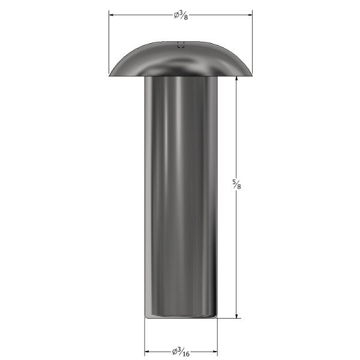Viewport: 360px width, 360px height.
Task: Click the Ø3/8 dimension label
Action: click(x=181, y=16)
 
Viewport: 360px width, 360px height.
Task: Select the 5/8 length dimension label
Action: click(x=236, y=184)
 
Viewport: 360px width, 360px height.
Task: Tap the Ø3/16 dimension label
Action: click(x=181, y=352)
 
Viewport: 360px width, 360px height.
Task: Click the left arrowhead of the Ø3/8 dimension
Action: click(x=112, y=15)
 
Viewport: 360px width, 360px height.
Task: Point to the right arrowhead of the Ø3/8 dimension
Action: click(x=250, y=15)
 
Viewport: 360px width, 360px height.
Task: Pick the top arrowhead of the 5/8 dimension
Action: click(x=236, y=79)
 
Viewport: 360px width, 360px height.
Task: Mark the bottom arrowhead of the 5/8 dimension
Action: click(x=236, y=316)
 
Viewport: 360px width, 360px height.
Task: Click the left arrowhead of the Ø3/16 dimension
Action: click(x=147, y=352)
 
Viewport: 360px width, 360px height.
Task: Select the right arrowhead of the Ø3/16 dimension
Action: click(x=215, y=352)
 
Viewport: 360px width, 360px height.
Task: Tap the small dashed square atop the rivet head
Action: click(x=181, y=45)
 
